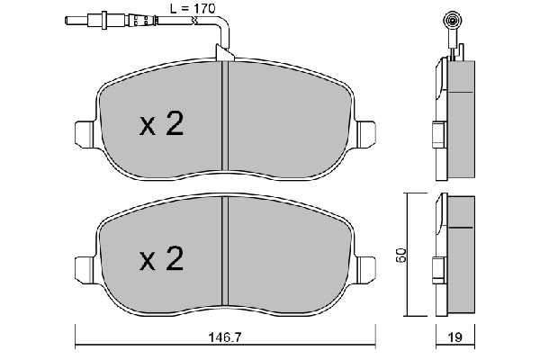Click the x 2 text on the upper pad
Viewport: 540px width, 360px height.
point(162,125)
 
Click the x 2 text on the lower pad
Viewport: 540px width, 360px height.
point(162,261)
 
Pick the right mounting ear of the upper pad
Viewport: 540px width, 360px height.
point(366,133)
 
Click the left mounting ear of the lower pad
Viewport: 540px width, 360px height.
point(82,266)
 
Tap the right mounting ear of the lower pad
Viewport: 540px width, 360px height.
point(366,267)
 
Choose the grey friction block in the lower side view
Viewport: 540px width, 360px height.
point(462,256)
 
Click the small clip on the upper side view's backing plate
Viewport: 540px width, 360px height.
point(436,133)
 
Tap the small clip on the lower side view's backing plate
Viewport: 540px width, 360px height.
point(436,268)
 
